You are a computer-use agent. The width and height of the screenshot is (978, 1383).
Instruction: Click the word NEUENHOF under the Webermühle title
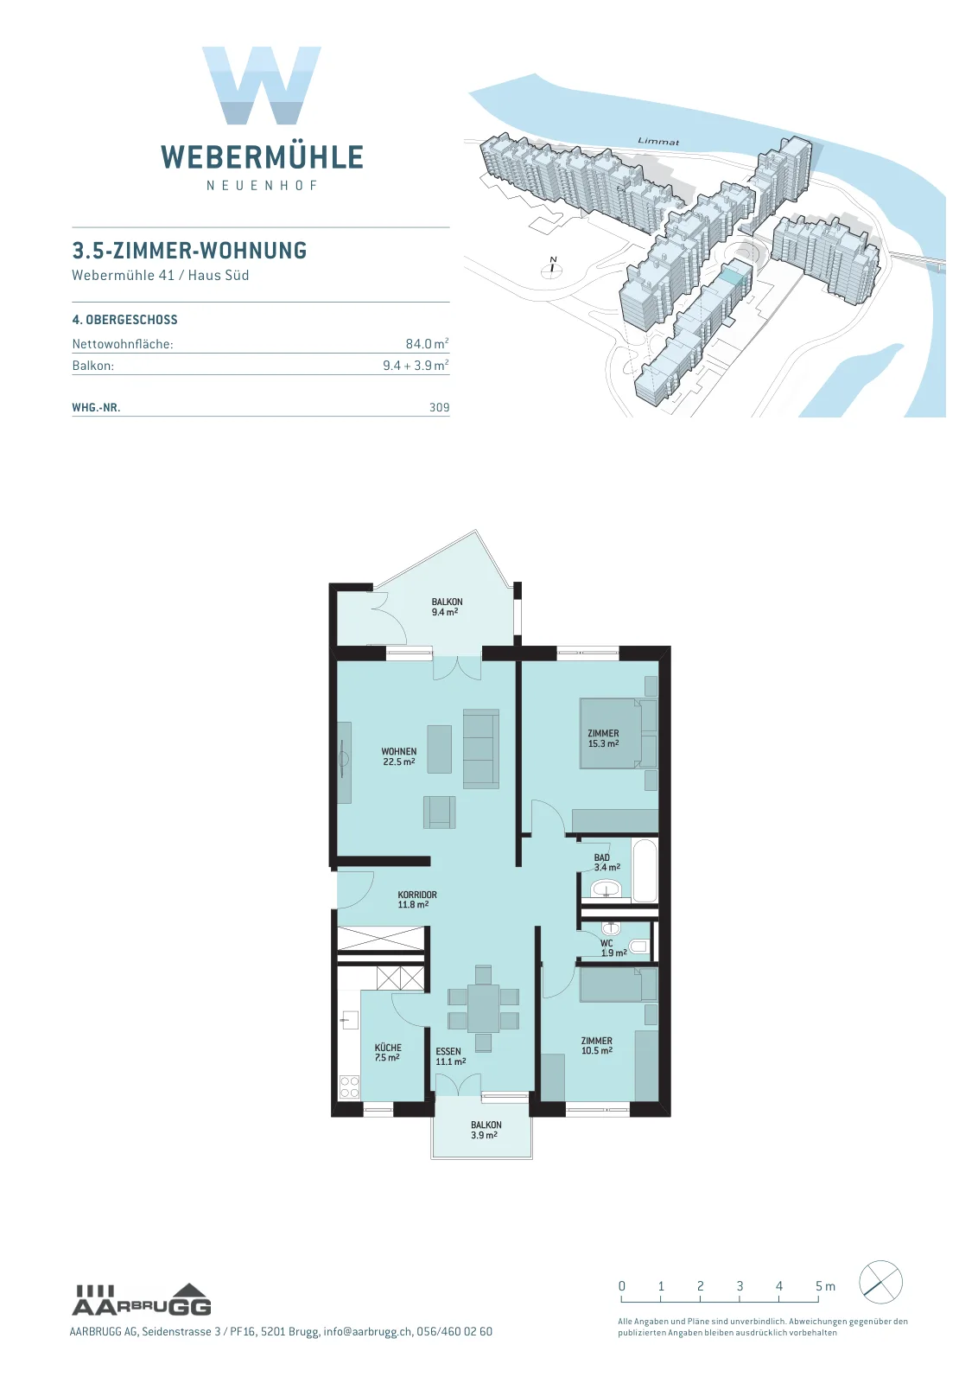263,186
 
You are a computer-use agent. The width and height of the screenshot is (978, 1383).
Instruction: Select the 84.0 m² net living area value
427,343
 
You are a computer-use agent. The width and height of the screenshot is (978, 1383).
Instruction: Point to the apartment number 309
440,407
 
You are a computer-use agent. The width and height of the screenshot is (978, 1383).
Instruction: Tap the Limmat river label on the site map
658,142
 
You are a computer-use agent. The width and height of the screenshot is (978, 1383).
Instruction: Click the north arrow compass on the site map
552,267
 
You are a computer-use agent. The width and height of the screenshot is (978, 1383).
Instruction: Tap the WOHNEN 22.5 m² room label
398,756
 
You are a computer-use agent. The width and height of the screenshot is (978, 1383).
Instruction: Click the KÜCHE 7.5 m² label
388,1052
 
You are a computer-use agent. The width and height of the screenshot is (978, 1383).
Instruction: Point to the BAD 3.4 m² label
606,862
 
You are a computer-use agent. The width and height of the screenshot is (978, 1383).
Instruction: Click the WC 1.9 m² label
613,947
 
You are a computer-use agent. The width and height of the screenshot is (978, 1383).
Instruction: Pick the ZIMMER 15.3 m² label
603,738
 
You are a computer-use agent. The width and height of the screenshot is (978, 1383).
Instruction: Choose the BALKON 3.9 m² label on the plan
486,1130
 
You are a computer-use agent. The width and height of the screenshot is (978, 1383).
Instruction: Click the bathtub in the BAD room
646,870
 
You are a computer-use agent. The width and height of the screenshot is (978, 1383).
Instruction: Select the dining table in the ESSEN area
483,1009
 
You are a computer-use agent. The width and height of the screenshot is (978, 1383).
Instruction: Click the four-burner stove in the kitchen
349,1087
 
